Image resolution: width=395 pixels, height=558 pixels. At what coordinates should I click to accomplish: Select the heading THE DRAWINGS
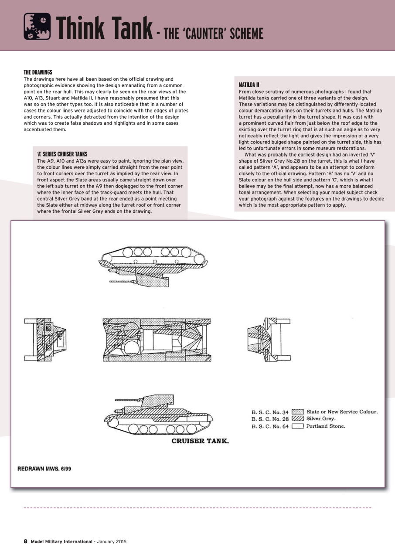[38, 72]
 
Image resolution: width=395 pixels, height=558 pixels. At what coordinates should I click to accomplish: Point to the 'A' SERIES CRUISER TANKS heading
[62, 154]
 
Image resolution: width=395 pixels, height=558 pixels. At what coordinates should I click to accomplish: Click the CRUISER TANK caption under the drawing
[200, 441]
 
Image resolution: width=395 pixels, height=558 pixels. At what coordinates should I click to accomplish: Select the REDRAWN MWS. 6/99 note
[44, 469]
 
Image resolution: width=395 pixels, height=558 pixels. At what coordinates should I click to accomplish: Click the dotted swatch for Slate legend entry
[297, 412]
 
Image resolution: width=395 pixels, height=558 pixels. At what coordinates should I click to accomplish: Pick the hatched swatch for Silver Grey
[297, 419]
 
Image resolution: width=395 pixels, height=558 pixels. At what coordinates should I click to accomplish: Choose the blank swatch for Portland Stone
[297, 426]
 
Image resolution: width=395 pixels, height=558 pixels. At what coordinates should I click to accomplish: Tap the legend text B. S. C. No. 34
[270, 412]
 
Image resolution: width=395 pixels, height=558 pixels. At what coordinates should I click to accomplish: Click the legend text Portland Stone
[326, 426]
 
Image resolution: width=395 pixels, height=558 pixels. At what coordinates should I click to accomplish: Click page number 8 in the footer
[25, 541]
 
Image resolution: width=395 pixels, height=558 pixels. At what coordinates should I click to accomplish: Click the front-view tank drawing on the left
[45, 340]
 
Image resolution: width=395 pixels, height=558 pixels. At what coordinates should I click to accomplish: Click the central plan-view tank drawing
[157, 340]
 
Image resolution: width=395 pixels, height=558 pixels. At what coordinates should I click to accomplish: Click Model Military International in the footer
[61, 541]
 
